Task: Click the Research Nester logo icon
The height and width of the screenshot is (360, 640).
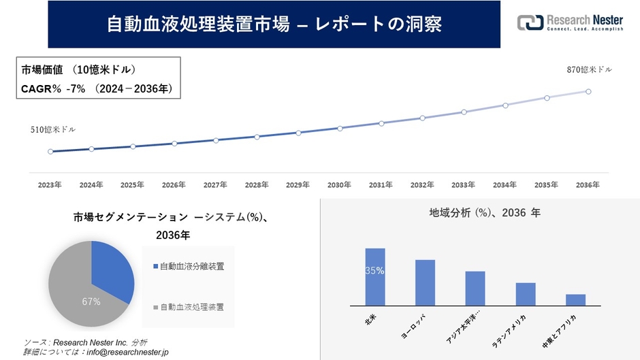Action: pos(530,23)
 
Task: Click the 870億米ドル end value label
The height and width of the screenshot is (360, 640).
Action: pos(589,70)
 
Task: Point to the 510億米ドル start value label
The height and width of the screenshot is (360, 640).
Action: pos(53,129)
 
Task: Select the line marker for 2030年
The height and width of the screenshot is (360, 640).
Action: pos(340,128)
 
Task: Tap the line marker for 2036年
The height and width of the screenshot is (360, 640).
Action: pos(588,91)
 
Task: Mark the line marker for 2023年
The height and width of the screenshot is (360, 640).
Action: pos(50,151)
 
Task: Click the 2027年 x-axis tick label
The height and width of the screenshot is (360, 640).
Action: pos(215,185)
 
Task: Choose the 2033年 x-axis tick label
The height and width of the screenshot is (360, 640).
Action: pos(463,185)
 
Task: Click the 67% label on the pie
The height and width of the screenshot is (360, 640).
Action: pos(91,301)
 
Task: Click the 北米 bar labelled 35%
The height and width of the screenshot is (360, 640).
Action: pos(375,277)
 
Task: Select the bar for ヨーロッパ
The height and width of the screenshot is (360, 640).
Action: pos(425,282)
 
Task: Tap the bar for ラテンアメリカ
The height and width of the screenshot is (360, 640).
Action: pos(526,294)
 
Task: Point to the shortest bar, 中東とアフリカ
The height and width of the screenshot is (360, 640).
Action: pos(575,299)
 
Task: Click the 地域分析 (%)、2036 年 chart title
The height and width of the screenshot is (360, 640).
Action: pos(484,213)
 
